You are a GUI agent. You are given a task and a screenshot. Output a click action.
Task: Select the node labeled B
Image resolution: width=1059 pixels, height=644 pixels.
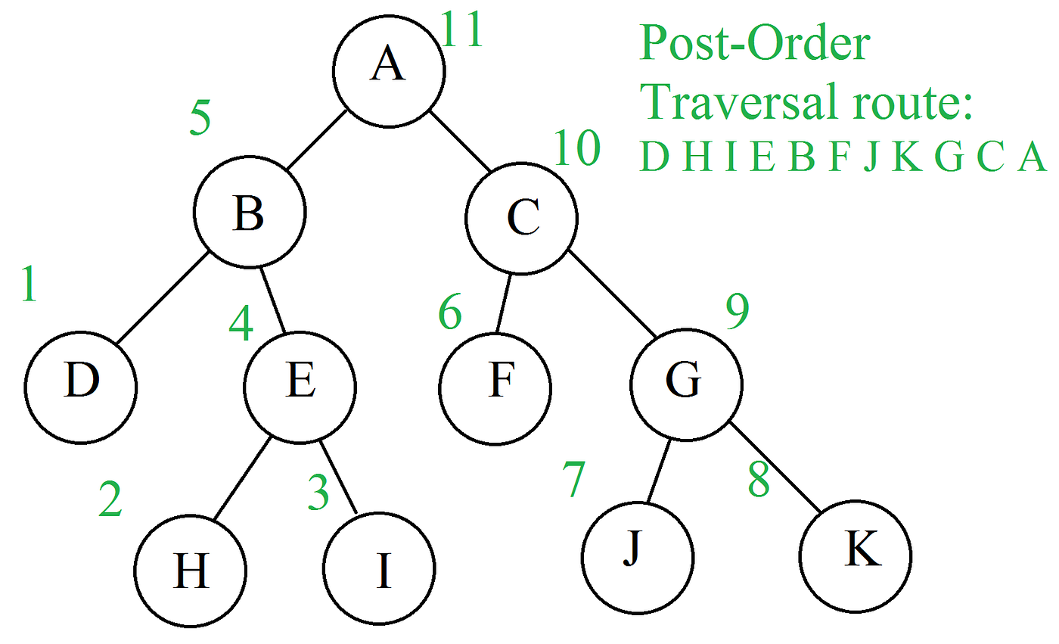250,215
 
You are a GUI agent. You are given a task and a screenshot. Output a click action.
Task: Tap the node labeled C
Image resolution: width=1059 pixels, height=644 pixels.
521,218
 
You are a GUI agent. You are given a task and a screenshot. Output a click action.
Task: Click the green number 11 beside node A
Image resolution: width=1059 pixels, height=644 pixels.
462,32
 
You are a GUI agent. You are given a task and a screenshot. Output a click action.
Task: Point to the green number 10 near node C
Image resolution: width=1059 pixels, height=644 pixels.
577,148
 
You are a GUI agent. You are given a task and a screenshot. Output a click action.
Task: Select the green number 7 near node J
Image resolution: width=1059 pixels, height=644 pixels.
573,480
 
